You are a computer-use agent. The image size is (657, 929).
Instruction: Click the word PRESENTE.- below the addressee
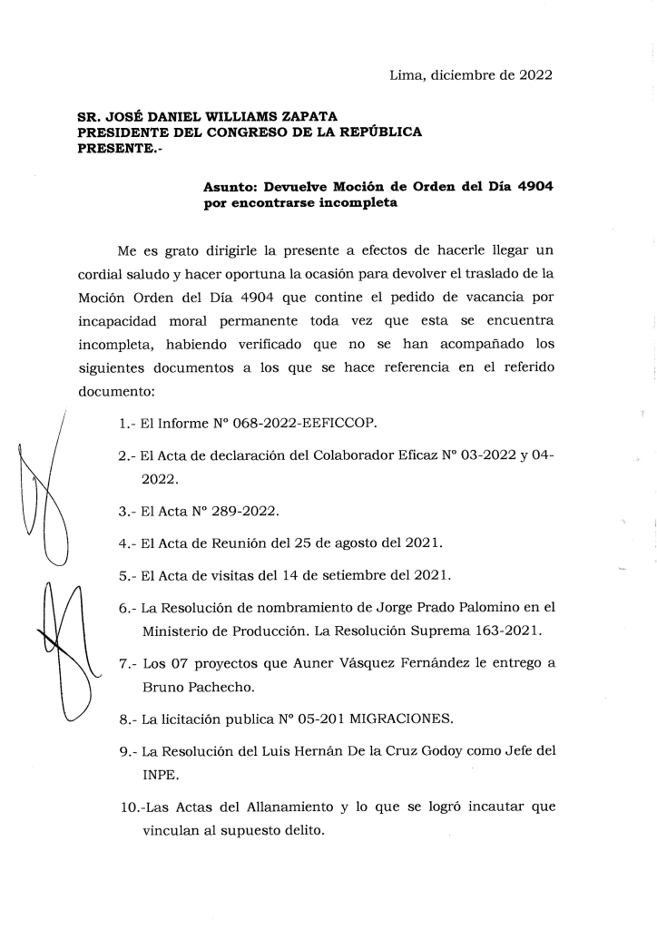coord(113,148)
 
